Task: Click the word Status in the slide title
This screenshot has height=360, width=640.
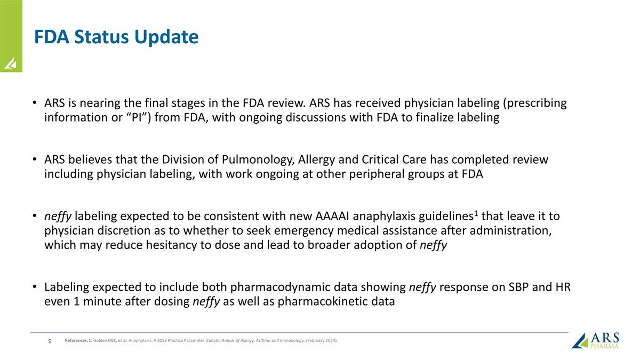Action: point(103,37)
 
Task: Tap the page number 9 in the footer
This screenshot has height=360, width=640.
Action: point(50,341)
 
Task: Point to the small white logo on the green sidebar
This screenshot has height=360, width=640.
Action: point(11,64)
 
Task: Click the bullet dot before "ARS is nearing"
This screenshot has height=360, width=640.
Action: point(34,103)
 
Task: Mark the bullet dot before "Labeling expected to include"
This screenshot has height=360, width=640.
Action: point(34,288)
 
